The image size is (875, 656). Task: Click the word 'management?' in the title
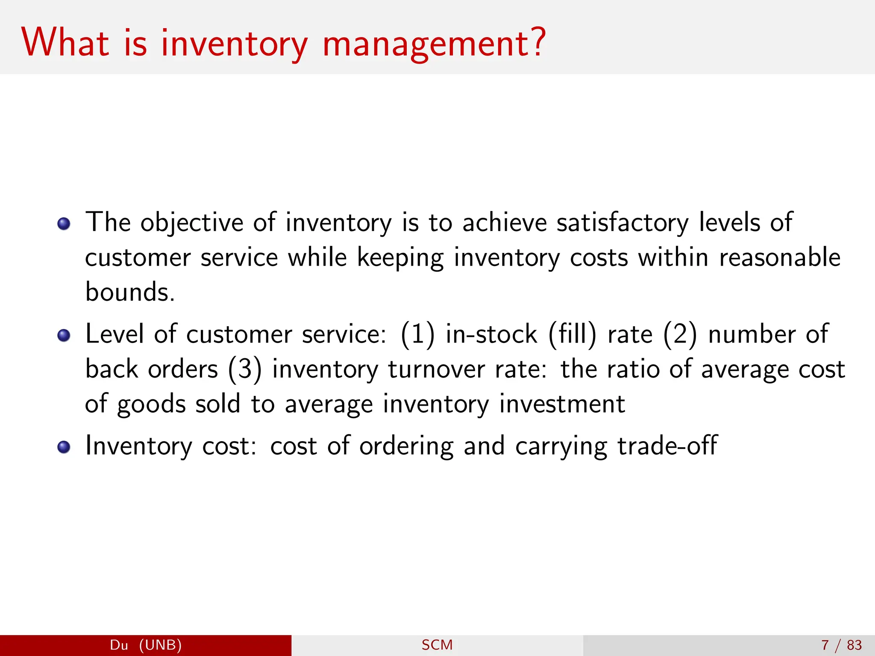434,44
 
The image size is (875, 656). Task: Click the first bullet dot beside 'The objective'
64,223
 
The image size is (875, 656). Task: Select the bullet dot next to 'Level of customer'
64,335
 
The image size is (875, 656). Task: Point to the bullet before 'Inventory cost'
64,447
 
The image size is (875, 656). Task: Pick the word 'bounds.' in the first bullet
130,292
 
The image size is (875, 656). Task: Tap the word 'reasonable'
780,258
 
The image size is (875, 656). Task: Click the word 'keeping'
400,258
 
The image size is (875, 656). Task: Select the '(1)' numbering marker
417,334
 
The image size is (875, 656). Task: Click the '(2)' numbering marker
680,334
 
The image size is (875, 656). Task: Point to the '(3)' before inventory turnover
244,369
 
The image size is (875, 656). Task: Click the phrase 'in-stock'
491,334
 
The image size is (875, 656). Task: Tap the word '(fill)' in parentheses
573,334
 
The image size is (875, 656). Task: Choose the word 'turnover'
436,369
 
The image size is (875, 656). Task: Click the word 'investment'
562,404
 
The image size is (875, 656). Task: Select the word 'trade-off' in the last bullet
667,446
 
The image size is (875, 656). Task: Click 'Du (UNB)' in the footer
146,645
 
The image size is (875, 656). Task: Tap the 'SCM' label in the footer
437,645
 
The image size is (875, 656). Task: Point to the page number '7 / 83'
841,645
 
